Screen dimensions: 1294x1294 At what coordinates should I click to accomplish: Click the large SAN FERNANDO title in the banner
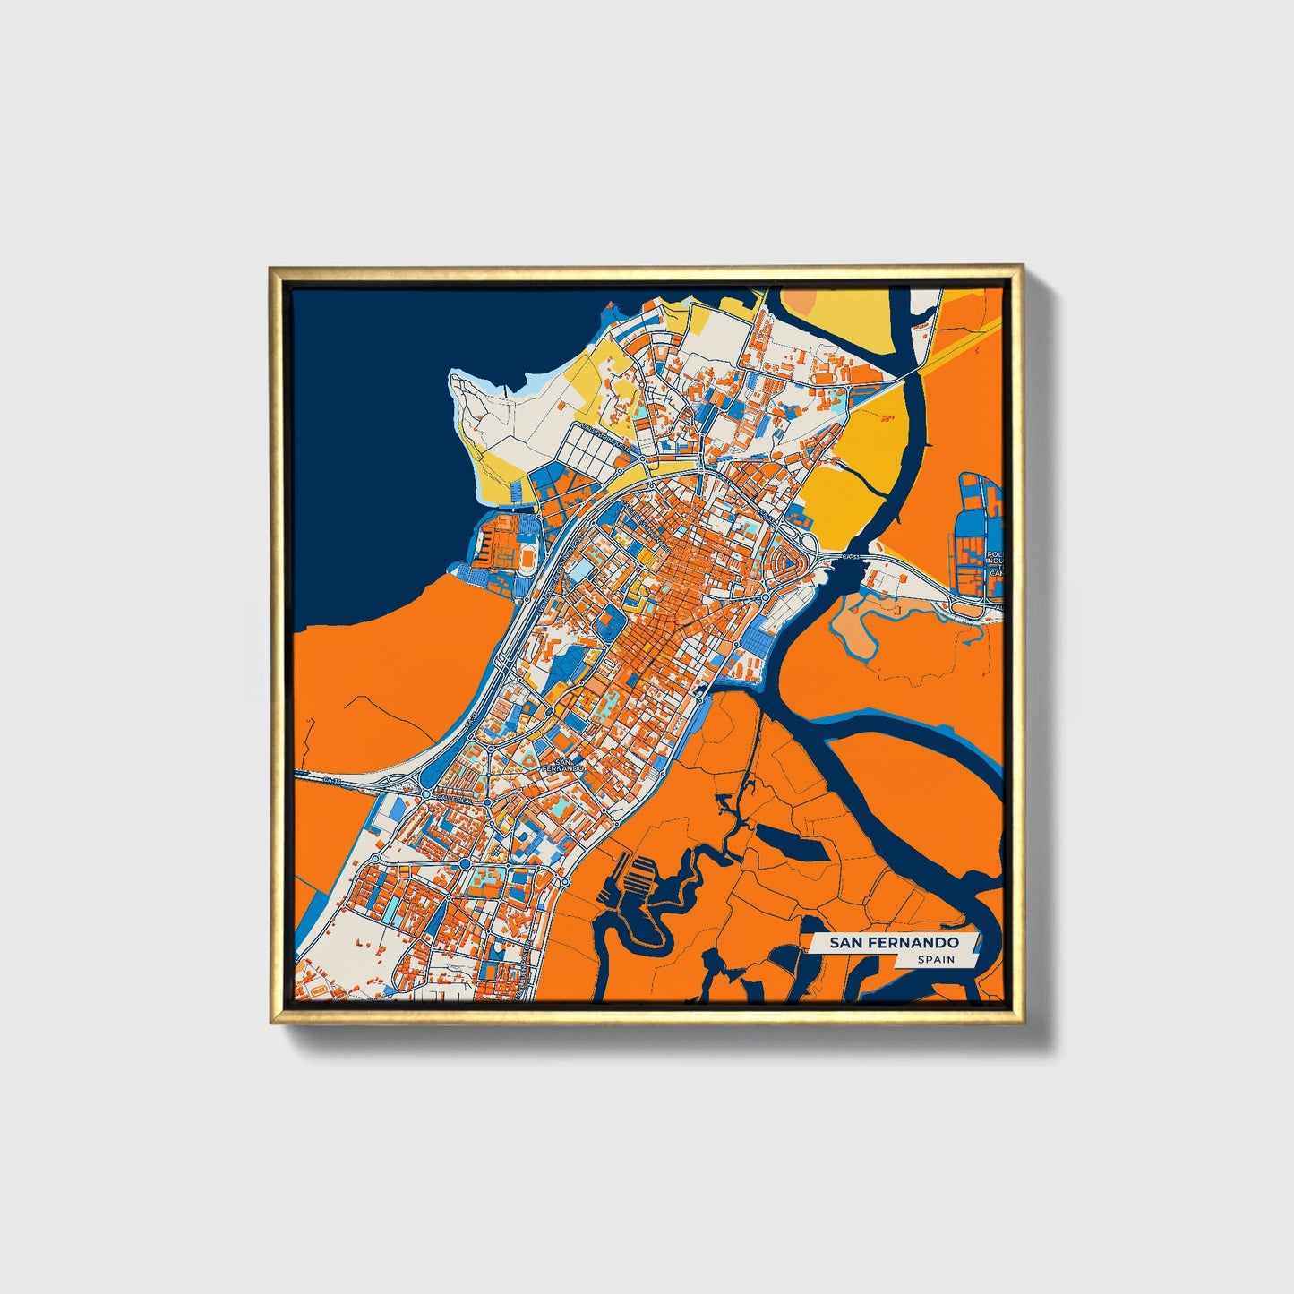point(893,943)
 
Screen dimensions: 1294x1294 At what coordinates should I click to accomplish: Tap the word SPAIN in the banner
point(935,960)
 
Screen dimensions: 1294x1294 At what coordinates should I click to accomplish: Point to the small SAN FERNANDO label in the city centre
point(563,764)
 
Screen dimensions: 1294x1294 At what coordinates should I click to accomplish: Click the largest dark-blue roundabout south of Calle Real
point(466,862)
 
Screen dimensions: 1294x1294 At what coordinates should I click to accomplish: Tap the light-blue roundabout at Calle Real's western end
point(424,792)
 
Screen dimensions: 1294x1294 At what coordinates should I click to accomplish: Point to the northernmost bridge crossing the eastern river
point(915,370)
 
